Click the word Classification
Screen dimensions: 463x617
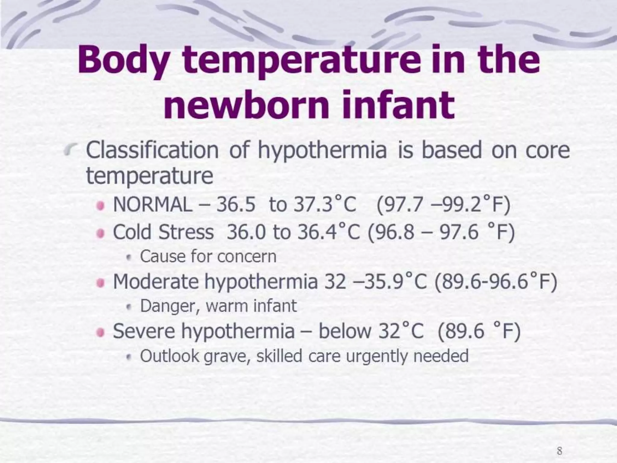coord(152,151)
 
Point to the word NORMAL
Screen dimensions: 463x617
coord(152,205)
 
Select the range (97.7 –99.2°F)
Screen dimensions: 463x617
coord(443,205)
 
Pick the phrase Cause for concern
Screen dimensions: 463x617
coord(208,257)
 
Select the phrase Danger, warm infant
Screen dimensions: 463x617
coord(218,306)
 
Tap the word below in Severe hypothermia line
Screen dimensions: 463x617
coord(345,331)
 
